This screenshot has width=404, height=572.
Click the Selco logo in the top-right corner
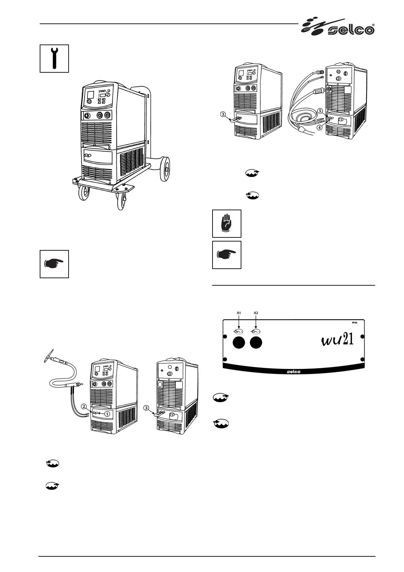[x=338, y=27]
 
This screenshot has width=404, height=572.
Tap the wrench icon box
[x=54, y=58]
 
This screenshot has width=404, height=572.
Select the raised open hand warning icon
[x=226, y=223]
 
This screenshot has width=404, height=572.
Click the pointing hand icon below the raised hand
[x=226, y=255]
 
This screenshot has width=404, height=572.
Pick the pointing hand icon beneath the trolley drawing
[x=54, y=264]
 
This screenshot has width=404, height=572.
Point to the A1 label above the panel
[x=239, y=312]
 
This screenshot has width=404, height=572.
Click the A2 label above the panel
[x=256, y=312]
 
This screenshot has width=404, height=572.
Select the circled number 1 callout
[x=107, y=414]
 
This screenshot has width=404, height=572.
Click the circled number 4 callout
[x=319, y=128]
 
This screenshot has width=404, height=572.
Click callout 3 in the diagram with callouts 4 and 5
[x=223, y=114]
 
